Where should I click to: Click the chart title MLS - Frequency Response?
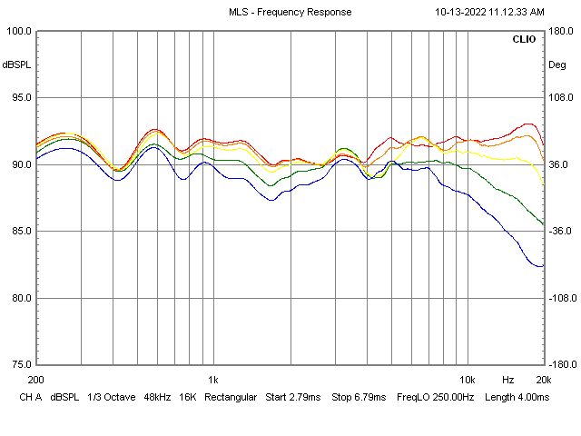coord(290,12)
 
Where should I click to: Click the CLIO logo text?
coord(524,40)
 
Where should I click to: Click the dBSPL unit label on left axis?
coord(16,64)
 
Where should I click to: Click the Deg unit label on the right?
coord(557,64)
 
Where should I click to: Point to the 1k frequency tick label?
coord(212,379)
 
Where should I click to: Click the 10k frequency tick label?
coord(467,379)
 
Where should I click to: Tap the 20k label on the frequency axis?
coord(543,379)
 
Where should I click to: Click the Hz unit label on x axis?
coord(507,379)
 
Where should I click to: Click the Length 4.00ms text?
coord(517,397)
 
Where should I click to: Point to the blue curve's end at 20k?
coord(543,265)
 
